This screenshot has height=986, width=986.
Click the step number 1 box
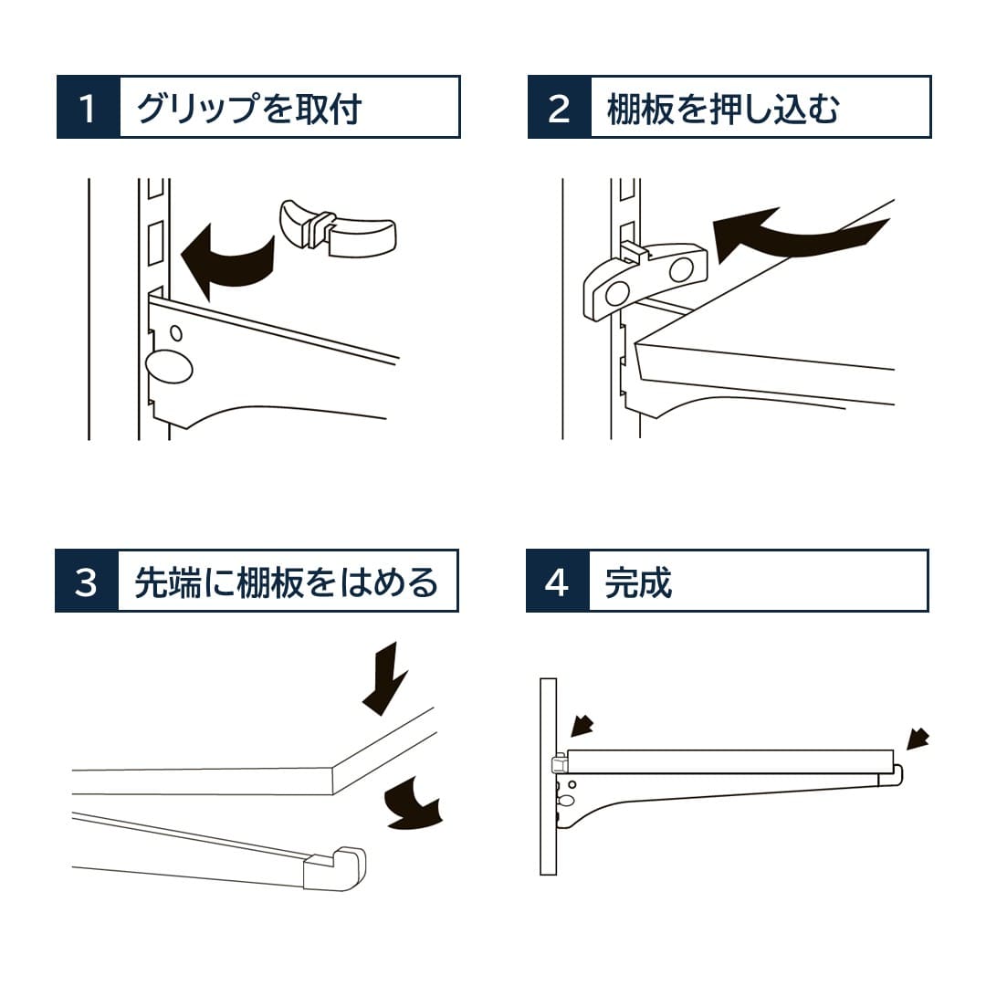(88, 107)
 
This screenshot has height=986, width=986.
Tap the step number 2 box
(559, 107)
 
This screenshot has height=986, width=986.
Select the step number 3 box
(87, 581)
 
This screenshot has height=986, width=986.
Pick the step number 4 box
(557, 581)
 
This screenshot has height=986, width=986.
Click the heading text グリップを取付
(249, 108)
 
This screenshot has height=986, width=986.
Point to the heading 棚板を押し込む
(723, 108)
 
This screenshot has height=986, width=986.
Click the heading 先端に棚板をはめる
(286, 582)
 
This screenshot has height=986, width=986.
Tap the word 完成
(638, 582)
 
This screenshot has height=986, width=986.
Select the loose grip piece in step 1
(337, 229)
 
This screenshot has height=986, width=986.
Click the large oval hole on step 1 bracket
(169, 366)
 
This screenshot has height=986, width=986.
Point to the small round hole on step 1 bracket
(177, 332)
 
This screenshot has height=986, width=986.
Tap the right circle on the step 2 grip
(681, 269)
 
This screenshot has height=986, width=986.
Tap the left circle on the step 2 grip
(616, 294)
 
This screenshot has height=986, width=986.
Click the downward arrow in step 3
(385, 679)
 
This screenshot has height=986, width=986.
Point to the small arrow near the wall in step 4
(582, 726)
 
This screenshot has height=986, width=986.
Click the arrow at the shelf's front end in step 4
(918, 739)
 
